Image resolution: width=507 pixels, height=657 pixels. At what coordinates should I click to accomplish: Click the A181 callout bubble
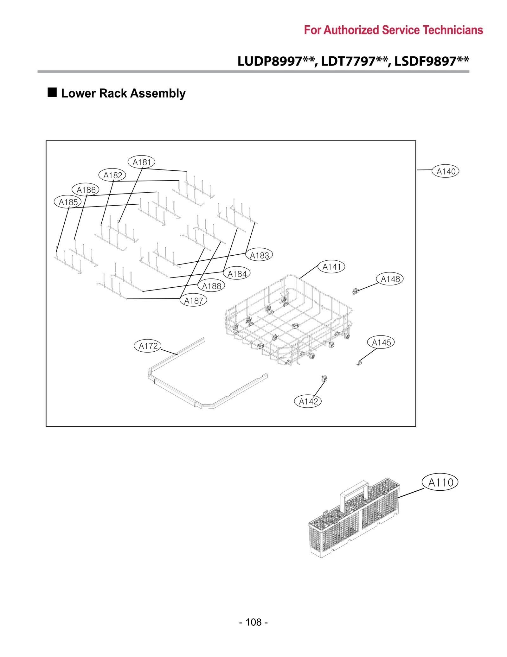coord(141,162)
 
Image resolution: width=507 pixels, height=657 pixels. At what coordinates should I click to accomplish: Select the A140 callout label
coord(445,171)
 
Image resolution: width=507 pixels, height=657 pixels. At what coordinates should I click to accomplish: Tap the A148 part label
coord(390,279)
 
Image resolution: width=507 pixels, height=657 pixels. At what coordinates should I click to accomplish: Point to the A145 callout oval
coord(381,342)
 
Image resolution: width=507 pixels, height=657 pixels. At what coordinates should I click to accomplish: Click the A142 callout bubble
coord(308,401)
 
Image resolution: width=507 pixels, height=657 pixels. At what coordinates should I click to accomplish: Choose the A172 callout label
coord(148,346)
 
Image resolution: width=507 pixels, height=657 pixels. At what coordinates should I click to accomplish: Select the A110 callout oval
coord(440,482)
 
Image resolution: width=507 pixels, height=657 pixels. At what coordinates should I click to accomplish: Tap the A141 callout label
coord(331,267)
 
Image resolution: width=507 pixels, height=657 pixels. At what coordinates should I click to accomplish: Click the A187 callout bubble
coord(193,300)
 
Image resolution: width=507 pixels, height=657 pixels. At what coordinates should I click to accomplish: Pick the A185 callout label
coord(68,202)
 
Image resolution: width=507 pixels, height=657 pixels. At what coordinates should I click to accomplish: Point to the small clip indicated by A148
coord(355,291)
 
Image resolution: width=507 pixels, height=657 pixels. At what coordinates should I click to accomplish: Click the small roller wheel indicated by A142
coord(324,378)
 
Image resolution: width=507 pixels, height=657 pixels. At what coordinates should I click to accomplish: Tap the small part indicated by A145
coord(359,363)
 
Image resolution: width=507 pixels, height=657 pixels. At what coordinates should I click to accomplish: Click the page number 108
coord(253,622)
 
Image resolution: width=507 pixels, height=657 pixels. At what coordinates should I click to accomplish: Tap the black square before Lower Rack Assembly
coord(52,92)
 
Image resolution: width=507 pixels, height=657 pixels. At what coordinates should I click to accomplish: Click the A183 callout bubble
coord(259,255)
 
